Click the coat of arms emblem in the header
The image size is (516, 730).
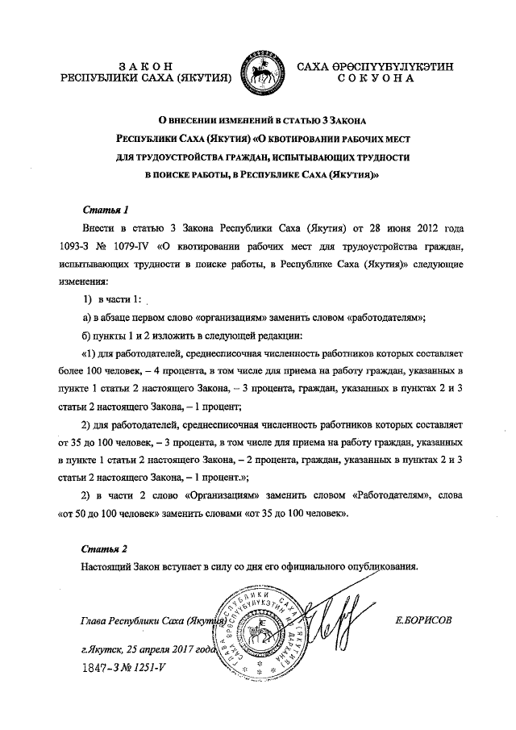[x=258, y=71]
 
